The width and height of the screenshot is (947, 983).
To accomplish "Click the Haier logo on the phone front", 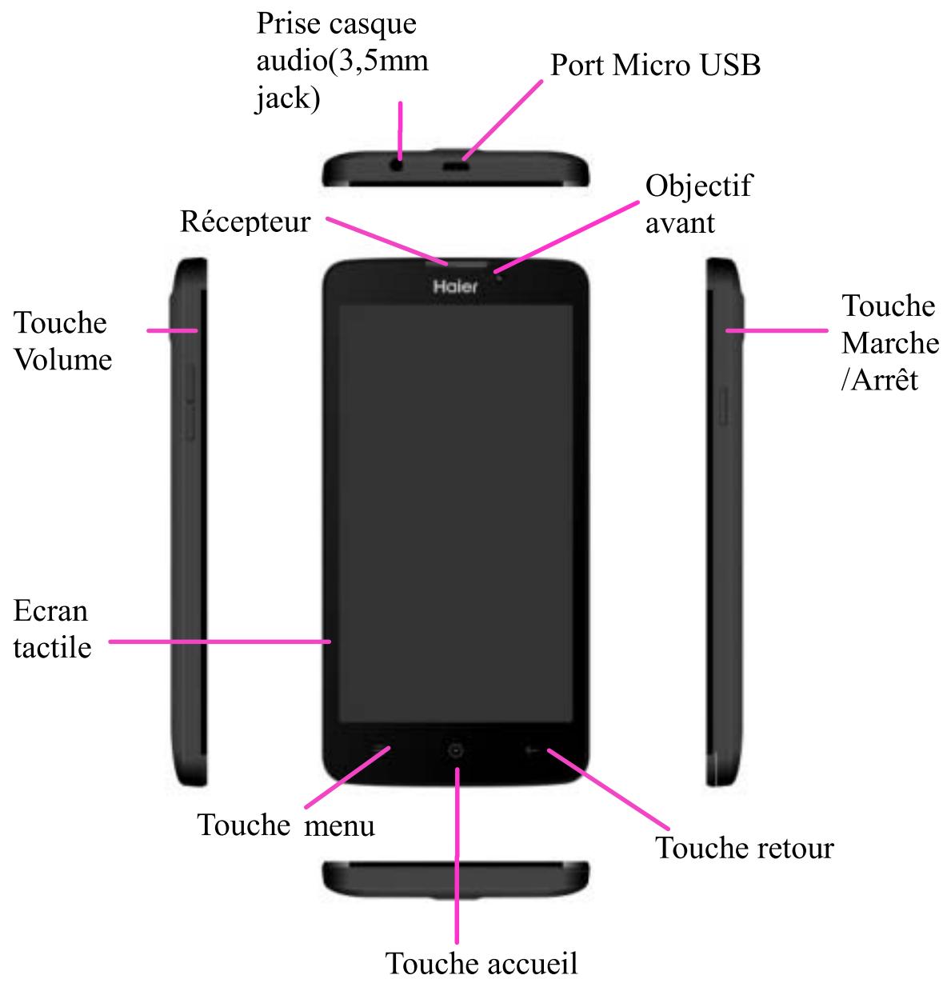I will [x=455, y=286].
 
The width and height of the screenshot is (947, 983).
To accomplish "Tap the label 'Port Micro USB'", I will [x=655, y=65].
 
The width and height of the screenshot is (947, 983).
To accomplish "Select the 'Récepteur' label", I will [x=245, y=221].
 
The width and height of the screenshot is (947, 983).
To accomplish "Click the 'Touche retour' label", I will [x=744, y=847].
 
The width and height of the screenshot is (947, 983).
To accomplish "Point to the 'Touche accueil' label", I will [x=481, y=962].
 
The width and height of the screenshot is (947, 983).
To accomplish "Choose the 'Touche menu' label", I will [x=286, y=824].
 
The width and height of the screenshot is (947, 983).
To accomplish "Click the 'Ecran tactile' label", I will [x=52, y=629].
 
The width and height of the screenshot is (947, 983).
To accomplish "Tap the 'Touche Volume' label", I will [x=62, y=342].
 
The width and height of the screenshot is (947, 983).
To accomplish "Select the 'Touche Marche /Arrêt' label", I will [x=889, y=342].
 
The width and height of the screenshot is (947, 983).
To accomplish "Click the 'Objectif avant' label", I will [x=698, y=204].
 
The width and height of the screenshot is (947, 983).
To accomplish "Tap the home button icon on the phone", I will [x=455, y=750].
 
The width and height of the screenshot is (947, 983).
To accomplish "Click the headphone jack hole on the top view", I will [x=398, y=166].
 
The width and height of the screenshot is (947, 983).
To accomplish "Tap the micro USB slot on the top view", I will [x=457, y=167].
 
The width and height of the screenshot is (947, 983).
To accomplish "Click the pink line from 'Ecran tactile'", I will [x=219, y=641].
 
